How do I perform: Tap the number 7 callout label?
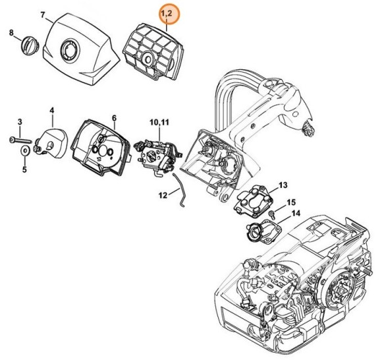[x=43, y=15]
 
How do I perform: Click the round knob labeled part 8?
[x=28, y=47]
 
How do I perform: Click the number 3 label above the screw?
[x=19, y=121]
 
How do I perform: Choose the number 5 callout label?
[x=24, y=169]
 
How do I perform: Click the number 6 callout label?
[x=113, y=118]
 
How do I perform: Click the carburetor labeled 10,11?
[x=156, y=157]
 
